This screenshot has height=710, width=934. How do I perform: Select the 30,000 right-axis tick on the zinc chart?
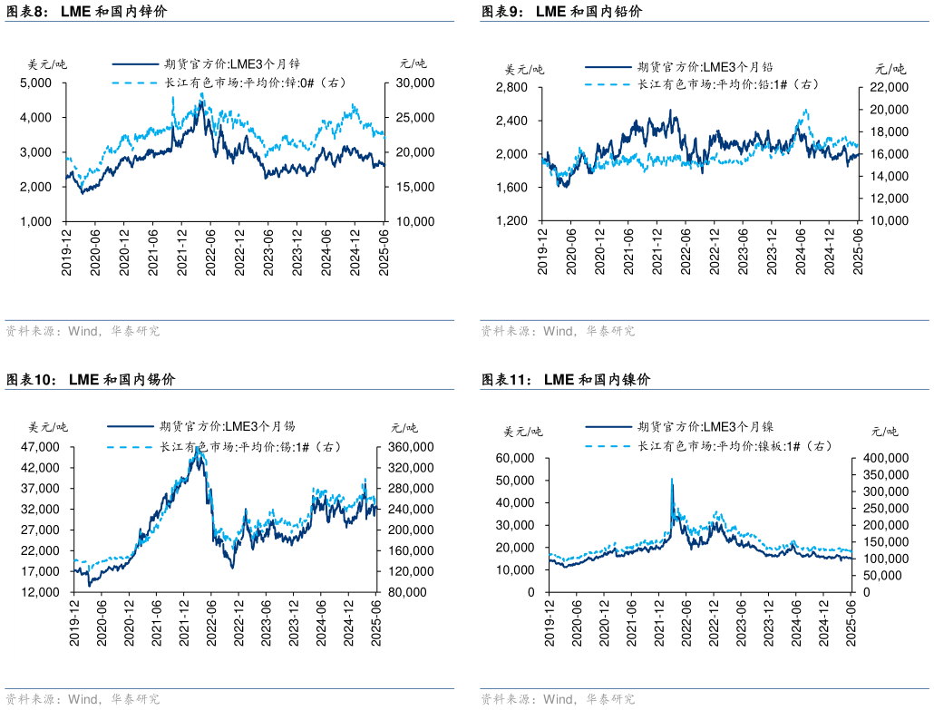point(412,83)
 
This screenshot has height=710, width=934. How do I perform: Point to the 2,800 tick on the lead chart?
point(513,87)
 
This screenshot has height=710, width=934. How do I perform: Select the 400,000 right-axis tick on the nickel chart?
point(884,459)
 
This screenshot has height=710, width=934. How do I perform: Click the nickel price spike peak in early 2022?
point(671,479)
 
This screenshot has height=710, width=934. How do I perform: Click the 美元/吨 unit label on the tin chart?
point(47,427)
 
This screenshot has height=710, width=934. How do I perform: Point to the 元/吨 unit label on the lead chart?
point(890,68)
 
